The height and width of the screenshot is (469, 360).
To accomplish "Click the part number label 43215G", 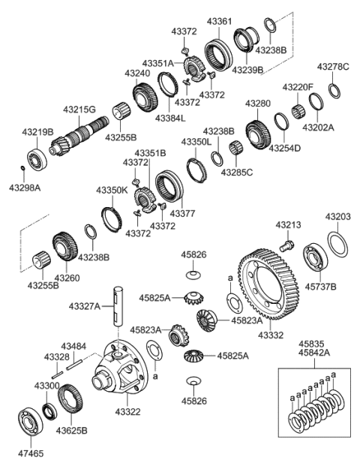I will click(x=79, y=110).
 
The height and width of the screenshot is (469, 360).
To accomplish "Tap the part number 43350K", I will click(x=112, y=191).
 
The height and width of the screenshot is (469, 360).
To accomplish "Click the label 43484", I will click(x=73, y=345).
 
